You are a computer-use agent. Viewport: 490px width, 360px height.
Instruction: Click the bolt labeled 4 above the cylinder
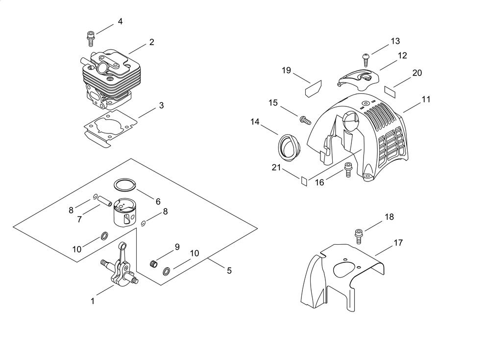(90, 38)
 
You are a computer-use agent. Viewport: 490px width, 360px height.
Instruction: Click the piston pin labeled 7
(104, 201)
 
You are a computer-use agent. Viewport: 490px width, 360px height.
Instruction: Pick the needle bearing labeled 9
(153, 264)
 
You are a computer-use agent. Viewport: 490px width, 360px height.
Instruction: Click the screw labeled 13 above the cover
(365, 60)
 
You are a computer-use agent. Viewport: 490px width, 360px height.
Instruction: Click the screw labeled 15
(305, 120)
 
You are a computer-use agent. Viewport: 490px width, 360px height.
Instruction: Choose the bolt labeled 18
(359, 236)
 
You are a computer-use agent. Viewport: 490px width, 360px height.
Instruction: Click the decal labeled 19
(313, 89)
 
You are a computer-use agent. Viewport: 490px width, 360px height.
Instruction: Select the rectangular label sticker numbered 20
(390, 90)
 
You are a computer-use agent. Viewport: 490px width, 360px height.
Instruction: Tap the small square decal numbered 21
(304, 181)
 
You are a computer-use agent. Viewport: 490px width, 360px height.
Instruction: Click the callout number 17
(398, 242)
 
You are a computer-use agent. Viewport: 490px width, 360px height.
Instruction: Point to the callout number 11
(426, 100)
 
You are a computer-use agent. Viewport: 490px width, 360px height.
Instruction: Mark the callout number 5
(229, 271)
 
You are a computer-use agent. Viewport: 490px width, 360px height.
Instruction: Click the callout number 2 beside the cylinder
(151, 42)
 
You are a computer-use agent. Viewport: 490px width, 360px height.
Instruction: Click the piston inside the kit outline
(125, 213)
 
